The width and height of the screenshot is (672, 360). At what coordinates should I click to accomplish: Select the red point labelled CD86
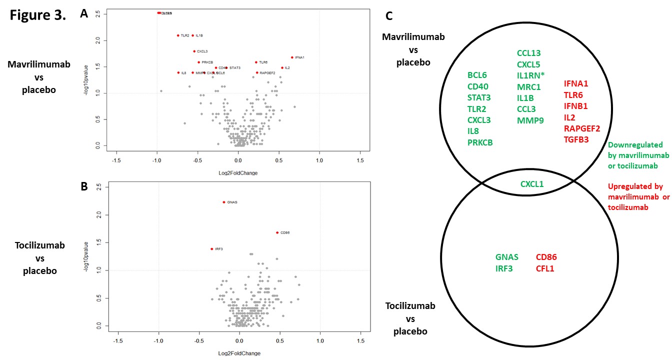coord(277,232)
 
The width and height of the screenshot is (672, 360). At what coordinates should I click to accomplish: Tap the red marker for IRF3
coord(211,249)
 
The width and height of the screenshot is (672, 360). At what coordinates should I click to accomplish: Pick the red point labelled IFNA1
coord(292,57)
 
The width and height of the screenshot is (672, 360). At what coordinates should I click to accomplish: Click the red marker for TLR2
coord(178,35)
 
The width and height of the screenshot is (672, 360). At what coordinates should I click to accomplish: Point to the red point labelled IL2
coord(282,67)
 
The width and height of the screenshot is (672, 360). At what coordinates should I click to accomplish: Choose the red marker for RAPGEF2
coord(257,72)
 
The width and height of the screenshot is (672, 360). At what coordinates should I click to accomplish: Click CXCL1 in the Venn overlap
coord(532,184)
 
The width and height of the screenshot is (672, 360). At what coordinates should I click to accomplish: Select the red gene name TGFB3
coord(576,139)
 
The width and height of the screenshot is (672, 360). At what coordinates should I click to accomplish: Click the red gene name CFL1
coord(546,268)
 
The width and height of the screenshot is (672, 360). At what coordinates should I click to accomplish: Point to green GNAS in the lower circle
coord(507,257)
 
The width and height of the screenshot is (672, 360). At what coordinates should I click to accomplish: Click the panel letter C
coord(389,16)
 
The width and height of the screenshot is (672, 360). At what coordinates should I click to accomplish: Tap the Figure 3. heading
coord(38,15)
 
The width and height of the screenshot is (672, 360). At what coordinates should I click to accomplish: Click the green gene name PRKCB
coord(480,142)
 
